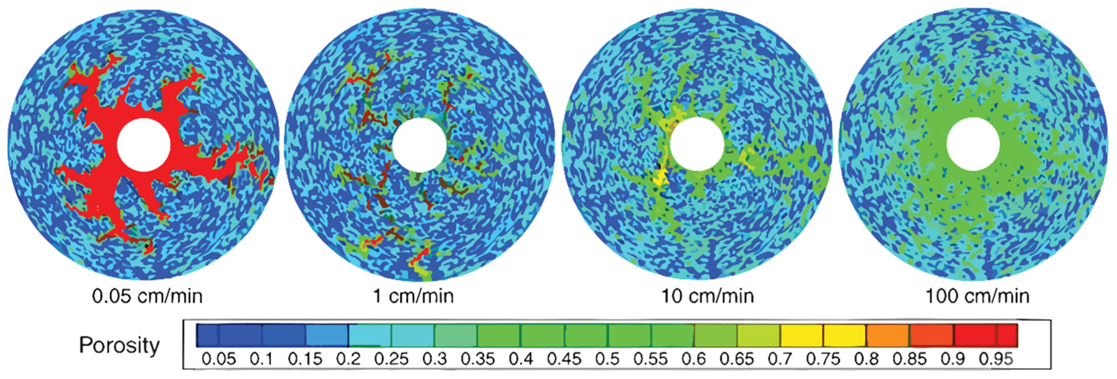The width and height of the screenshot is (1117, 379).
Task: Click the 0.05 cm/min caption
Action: coord(147,296)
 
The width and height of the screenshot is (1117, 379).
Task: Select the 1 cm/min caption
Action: coord(413,296)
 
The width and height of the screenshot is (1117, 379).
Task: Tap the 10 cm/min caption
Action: coord(707,296)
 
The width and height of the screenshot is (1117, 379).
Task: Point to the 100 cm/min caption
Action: coord(977,296)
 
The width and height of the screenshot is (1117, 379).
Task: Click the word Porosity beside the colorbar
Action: coord(119,345)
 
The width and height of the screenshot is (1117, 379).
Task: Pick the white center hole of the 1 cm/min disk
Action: coord(419,145)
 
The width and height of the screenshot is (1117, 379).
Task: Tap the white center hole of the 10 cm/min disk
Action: coord(697,145)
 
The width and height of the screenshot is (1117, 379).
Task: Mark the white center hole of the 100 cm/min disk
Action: coord(973,145)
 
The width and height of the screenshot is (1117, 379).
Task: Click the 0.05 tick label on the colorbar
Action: coord(219,359)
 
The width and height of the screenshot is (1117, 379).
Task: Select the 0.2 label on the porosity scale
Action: coord(348,359)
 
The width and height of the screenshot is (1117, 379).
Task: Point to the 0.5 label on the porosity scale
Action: coord(607,359)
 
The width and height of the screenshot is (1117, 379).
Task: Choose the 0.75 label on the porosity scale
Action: coord(823,359)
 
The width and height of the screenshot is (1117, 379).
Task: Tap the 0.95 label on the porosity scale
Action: coord(996,359)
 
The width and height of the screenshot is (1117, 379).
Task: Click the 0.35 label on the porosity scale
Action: coord(478,359)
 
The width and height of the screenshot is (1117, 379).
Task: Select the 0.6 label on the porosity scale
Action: coord(694,359)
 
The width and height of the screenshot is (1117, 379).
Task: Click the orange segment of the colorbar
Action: coord(888,335)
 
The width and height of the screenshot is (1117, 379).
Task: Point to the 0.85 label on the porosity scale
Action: coord(909,359)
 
